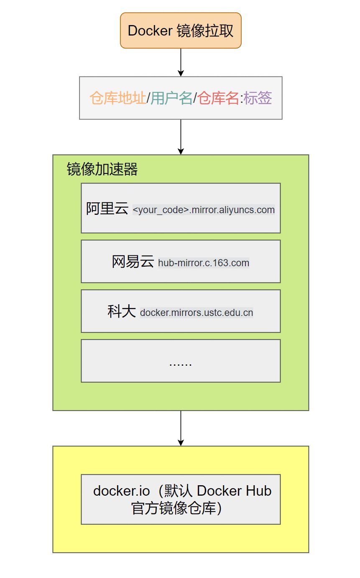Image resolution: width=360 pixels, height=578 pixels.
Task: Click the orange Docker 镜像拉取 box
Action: [181, 31]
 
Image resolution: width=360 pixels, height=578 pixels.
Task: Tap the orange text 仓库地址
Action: [118, 98]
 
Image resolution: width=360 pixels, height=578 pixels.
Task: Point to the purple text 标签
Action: [258, 98]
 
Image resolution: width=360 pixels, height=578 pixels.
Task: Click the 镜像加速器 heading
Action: [102, 169]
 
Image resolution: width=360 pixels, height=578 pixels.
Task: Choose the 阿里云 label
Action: [107, 208]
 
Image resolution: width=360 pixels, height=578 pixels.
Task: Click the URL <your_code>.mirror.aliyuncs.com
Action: [204, 210]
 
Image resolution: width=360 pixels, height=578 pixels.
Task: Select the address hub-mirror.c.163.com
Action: [204, 263]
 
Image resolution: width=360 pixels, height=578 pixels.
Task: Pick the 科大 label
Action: [122, 311]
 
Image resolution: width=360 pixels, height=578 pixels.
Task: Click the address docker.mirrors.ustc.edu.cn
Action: [197, 313]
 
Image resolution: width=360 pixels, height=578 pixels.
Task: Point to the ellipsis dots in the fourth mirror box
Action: [181, 363]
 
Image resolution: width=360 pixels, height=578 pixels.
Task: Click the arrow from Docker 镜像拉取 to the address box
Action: [181, 62]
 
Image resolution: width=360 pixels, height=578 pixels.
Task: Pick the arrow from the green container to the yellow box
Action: [181, 428]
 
